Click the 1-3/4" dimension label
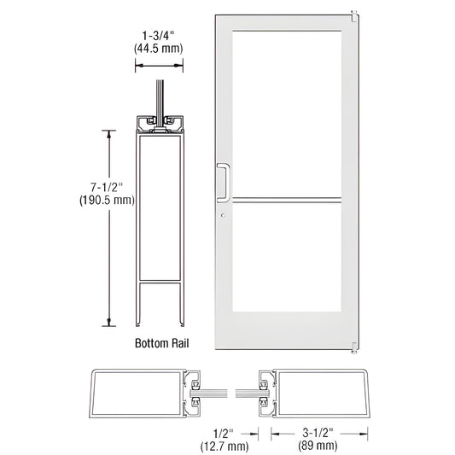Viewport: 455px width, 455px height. coord(154,37)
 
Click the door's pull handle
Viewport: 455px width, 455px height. coord(224,181)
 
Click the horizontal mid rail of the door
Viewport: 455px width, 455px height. coord(285,202)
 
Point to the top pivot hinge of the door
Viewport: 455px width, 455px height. coord(353,14)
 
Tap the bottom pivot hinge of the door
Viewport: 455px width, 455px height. coord(353,346)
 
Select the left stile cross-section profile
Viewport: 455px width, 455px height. coord(141,396)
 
